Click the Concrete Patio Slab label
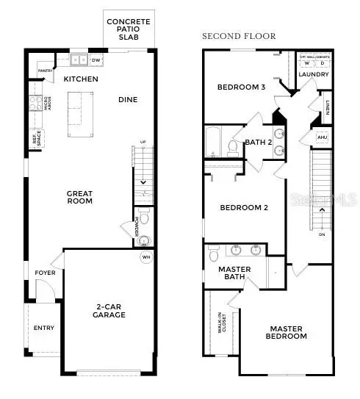129,29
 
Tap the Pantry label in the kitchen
43,71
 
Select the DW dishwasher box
96,60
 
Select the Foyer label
45,273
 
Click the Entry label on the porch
44,328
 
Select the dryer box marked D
322,63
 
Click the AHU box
322,137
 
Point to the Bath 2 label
259,143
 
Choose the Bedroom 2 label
244,207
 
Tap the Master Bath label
236,274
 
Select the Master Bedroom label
288,332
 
